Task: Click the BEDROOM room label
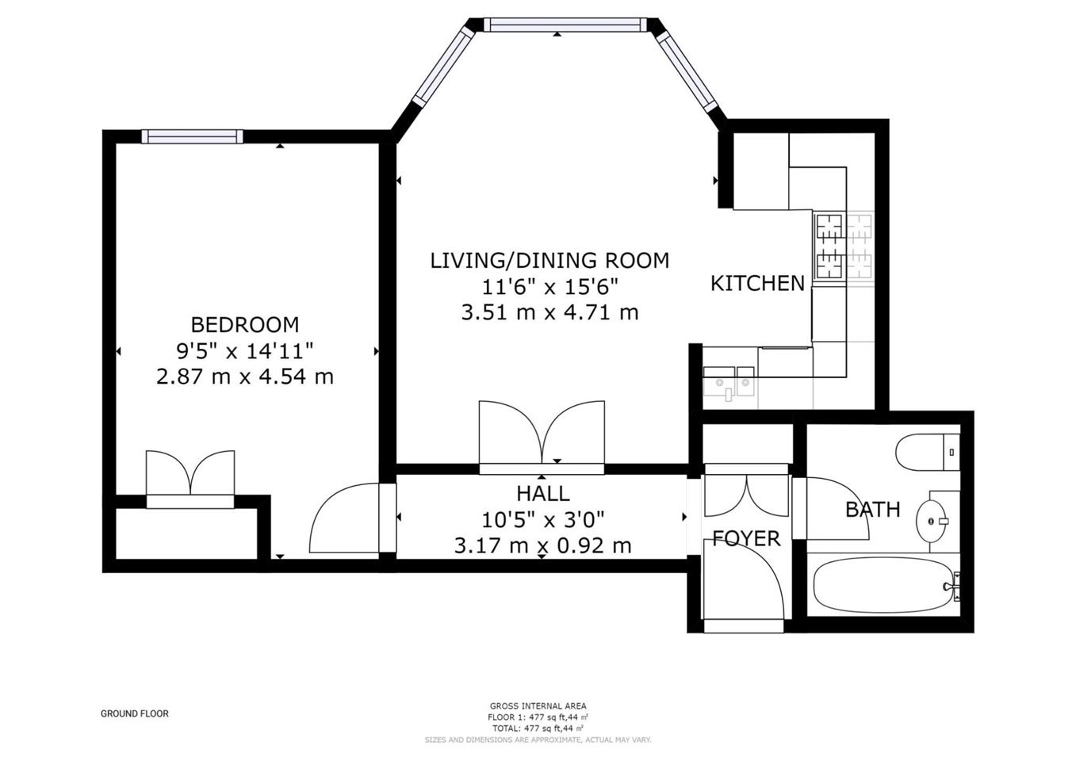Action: [x=245, y=325]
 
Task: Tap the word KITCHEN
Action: [x=757, y=283]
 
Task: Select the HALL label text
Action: [x=543, y=494]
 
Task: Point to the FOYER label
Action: [x=746, y=539]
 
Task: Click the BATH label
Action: [x=873, y=510]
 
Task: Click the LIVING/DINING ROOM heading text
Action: [x=549, y=260]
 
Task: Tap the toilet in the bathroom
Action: [x=928, y=453]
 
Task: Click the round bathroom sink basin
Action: [x=932, y=521]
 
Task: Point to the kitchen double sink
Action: [x=729, y=383]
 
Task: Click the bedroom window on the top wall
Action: [x=192, y=136]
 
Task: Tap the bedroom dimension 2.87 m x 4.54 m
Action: [x=245, y=376]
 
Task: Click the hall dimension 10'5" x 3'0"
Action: [x=543, y=519]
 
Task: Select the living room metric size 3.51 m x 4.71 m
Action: [x=550, y=312]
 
